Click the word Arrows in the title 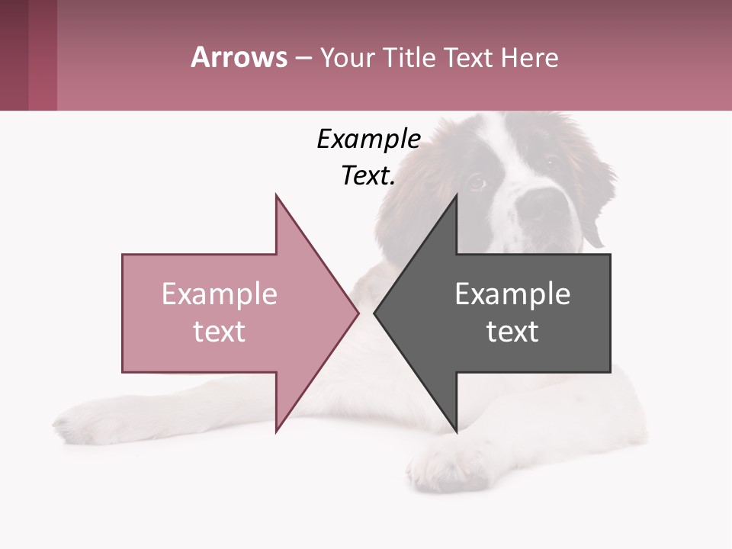(239, 57)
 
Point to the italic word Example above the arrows (368, 139)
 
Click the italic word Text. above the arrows (368, 176)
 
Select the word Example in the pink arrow (219, 294)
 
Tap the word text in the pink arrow (219, 331)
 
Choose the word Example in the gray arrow (512, 294)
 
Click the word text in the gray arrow (512, 331)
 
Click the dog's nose (544, 204)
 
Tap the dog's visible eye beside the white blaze (476, 182)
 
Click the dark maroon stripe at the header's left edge (14, 55)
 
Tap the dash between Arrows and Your (303, 57)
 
